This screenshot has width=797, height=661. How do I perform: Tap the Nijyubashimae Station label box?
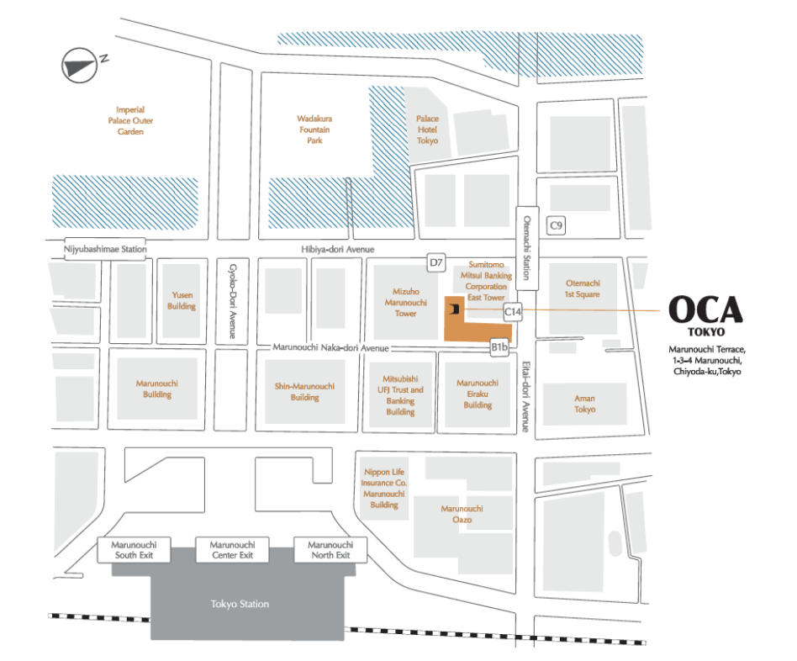tap(106, 249)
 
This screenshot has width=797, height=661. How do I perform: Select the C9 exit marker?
tap(556, 225)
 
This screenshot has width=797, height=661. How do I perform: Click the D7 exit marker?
tap(435, 263)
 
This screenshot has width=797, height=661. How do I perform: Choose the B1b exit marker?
tap(500, 346)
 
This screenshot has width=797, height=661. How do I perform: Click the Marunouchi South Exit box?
tap(135, 550)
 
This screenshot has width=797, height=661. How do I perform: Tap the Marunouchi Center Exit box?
tap(232, 550)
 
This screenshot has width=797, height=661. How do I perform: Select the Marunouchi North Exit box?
tap(330, 550)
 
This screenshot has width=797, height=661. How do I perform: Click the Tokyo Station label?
tap(240, 604)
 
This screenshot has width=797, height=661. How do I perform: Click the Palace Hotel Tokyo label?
tap(427, 130)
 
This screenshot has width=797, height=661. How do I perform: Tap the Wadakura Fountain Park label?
tap(314, 130)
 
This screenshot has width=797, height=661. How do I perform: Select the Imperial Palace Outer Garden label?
tap(131, 120)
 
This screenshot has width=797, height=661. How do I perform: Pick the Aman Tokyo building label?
tap(584, 404)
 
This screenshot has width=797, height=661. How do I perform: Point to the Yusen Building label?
tap(182, 300)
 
